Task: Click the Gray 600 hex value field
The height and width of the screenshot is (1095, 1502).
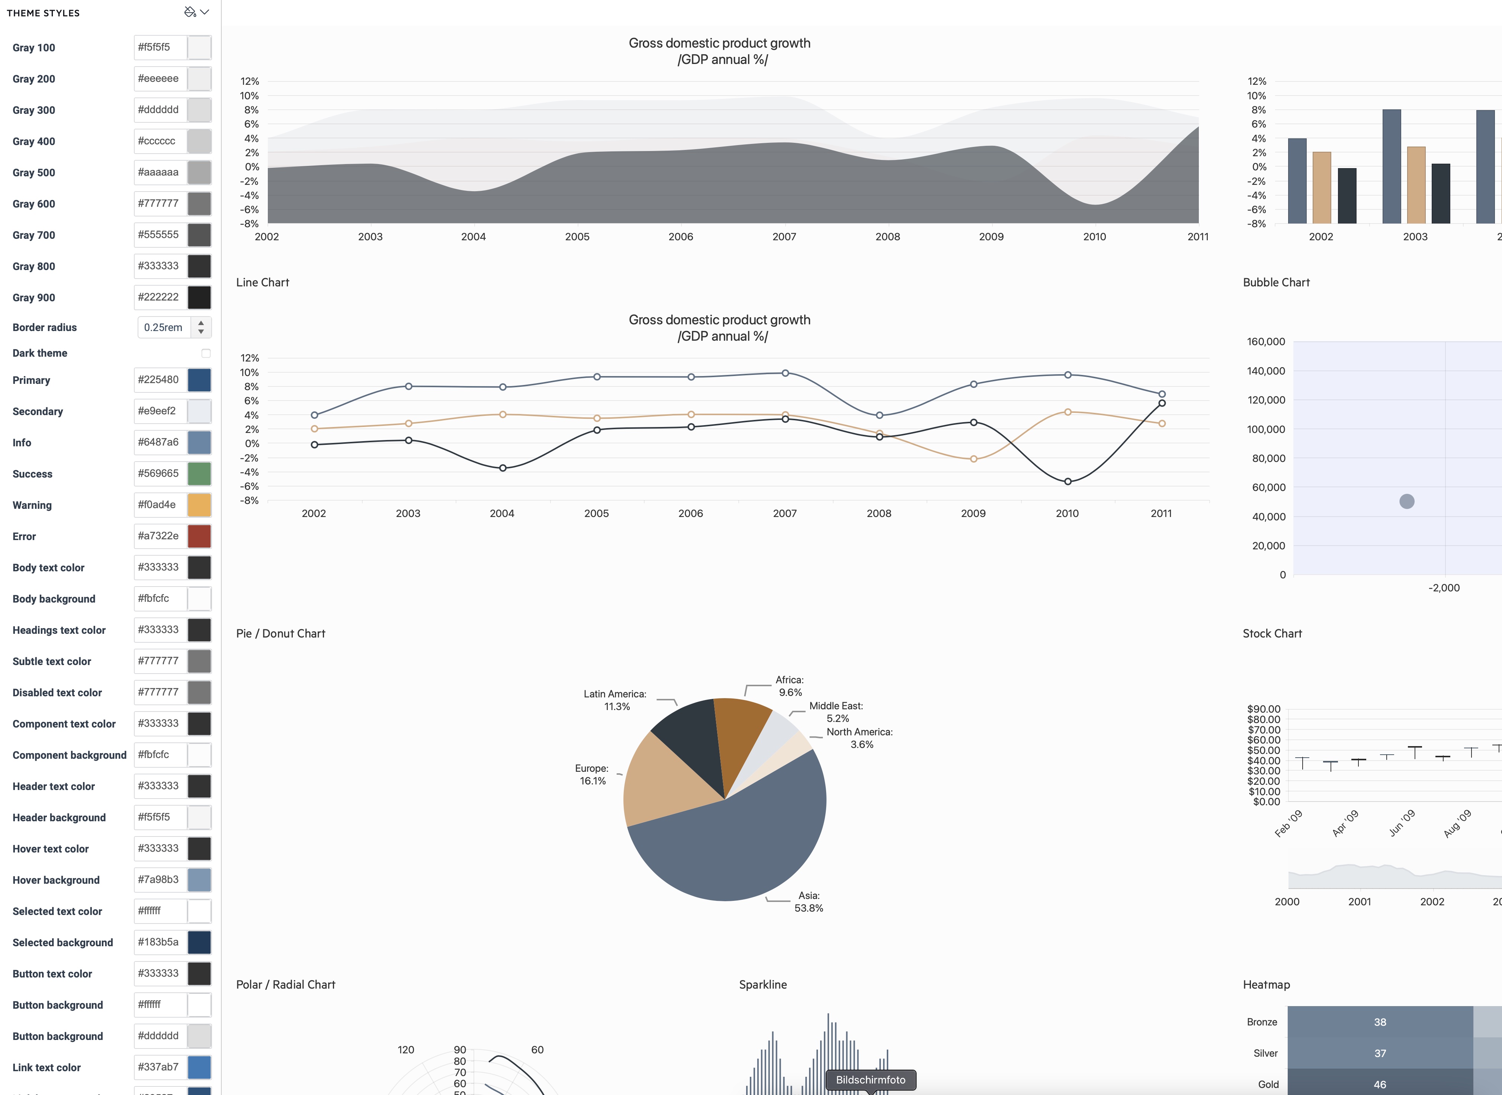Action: (160, 203)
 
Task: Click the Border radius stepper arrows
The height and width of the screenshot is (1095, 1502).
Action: (201, 327)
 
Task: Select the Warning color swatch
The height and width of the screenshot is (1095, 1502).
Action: (199, 505)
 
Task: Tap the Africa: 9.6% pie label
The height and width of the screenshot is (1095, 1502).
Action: (789, 686)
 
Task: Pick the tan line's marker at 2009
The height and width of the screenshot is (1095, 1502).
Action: (973, 459)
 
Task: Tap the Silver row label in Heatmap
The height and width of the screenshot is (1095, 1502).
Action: (1265, 1053)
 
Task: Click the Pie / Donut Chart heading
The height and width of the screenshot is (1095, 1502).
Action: (280, 634)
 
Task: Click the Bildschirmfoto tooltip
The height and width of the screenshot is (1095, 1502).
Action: (870, 1080)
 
